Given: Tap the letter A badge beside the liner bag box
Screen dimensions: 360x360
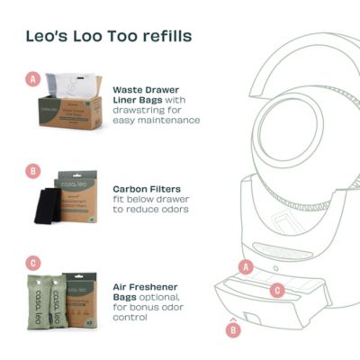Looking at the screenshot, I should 34,79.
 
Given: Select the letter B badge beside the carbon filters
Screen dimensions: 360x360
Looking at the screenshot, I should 34,169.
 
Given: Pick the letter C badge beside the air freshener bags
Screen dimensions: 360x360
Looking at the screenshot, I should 34,264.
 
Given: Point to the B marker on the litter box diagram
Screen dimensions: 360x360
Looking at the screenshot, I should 233,330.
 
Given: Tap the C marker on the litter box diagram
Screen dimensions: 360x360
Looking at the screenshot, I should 278,290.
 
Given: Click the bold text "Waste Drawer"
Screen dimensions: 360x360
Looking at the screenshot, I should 145,90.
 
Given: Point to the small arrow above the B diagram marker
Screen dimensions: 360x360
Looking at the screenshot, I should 233,317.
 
